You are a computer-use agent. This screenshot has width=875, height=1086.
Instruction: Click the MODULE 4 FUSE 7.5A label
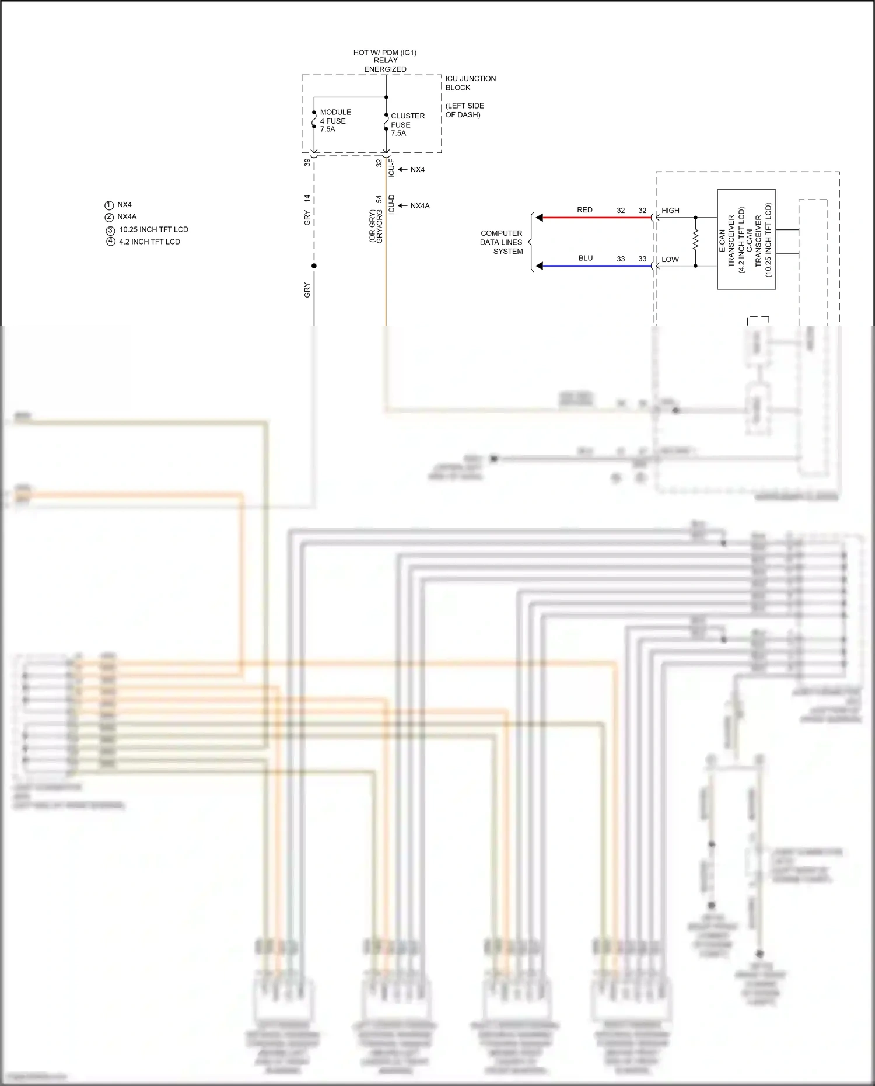[335, 120]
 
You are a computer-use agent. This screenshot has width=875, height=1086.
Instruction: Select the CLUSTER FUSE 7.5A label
[407, 124]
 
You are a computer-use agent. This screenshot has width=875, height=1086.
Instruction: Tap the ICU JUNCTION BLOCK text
[470, 83]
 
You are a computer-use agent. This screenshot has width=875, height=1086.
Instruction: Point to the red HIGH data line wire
[595, 218]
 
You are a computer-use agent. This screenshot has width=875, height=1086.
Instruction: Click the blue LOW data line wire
[595, 266]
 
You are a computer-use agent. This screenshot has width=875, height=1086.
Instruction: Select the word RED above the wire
[584, 210]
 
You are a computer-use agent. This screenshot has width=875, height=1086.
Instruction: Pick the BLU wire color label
[586, 258]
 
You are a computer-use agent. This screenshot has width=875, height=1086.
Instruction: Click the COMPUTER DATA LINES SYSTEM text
[502, 242]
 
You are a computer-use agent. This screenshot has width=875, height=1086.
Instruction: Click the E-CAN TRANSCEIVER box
[746, 239]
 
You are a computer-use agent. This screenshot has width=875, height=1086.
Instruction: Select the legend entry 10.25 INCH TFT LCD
[153, 229]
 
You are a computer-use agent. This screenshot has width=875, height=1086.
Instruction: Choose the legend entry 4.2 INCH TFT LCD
[149, 242]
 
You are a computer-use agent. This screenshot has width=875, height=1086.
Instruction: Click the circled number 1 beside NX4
[109, 205]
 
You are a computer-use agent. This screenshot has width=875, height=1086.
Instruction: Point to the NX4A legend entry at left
[127, 216]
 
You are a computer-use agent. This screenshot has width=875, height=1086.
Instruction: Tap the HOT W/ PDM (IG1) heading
[385, 53]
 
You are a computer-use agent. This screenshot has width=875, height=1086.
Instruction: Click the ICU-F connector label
[391, 167]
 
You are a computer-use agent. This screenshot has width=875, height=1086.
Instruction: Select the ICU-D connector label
[391, 204]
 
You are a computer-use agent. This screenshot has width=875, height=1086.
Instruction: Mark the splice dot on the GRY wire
[314, 266]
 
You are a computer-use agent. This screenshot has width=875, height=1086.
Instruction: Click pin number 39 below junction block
[307, 162]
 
